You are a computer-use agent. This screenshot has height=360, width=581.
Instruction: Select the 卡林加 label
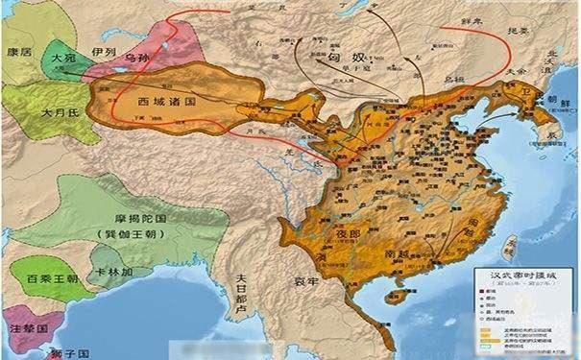point(114,272)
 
